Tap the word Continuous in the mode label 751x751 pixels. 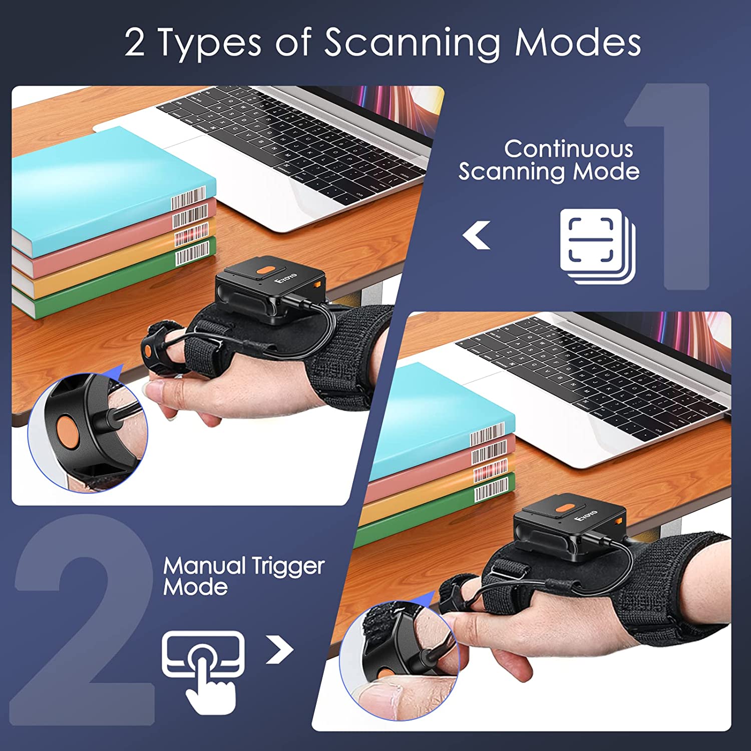click(x=568, y=149)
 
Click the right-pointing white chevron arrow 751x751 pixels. click(x=279, y=649)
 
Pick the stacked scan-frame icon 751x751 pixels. click(x=597, y=245)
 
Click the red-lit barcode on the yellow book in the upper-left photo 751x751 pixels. click(x=191, y=235)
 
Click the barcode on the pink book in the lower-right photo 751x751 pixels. click(x=489, y=452)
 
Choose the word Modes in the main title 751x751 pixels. click(x=577, y=43)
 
